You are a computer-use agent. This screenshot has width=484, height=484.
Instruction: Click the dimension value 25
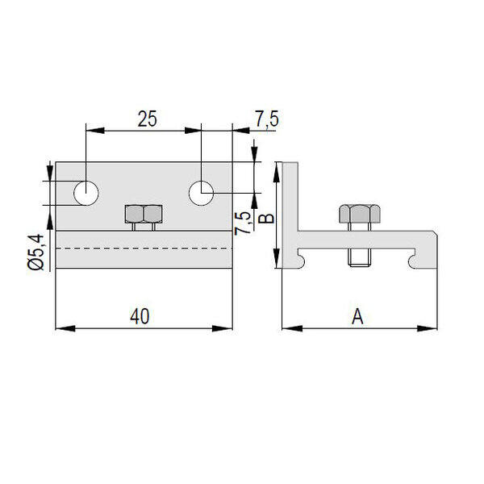coord(148,119)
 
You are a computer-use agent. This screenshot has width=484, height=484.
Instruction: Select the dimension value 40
coord(140,316)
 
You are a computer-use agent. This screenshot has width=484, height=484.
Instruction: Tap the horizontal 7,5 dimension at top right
coord(267,119)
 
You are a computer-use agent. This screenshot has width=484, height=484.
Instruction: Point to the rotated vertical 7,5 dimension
coord(243,223)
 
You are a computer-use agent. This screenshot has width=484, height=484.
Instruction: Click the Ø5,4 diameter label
coord(35,252)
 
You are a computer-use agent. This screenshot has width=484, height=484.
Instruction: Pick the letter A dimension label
coord(357,316)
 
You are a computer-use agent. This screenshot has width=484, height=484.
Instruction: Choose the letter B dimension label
coord(266,219)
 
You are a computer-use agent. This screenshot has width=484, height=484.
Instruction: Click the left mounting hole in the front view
coord(86,194)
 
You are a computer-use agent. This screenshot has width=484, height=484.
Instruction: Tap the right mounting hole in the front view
coord(201,194)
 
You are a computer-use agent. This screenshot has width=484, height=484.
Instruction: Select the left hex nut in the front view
coord(134,214)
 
